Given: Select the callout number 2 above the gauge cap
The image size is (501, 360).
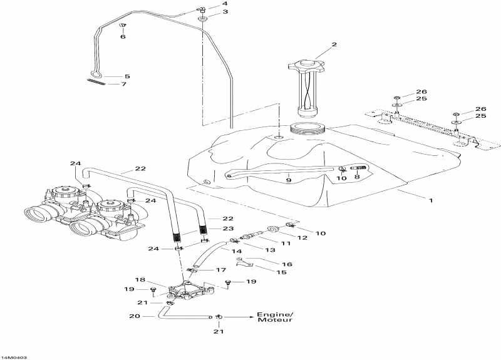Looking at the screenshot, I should (334, 44).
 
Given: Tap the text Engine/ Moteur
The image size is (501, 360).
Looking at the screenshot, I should (274, 317).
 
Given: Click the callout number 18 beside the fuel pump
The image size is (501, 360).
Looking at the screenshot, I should (140, 279).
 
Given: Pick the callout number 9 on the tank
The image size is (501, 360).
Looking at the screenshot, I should (289, 180).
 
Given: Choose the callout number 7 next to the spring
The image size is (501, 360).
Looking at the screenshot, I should (124, 84).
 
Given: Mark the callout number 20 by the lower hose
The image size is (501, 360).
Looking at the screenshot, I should (135, 317).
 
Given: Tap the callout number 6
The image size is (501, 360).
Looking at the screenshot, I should (123, 37).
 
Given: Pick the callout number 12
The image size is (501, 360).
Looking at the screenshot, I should (302, 237).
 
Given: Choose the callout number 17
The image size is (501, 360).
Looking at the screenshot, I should (220, 270).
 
